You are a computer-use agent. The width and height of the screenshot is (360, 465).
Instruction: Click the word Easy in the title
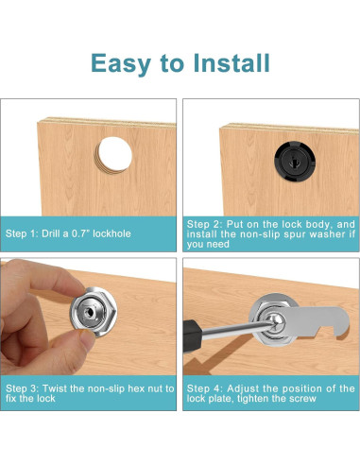pyautogui.click(x=121, y=64)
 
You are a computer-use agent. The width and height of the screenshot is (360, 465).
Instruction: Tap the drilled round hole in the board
pyautogui.click(x=114, y=155)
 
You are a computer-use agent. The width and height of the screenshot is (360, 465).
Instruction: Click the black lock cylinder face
pyautogui.click(x=295, y=162)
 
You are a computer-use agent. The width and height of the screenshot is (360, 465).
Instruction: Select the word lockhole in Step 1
pyautogui.click(x=111, y=233)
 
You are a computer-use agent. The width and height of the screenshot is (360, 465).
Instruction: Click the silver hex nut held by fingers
pyautogui.click(x=94, y=312)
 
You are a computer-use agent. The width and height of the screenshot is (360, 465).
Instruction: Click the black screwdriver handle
pyautogui.click(x=192, y=336)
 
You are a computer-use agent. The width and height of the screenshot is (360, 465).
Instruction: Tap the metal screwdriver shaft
pyautogui.click(x=237, y=330)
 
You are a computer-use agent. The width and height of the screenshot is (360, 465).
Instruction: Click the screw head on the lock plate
pyautogui.click(x=277, y=322)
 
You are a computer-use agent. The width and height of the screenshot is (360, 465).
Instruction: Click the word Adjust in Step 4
pyautogui.click(x=243, y=389)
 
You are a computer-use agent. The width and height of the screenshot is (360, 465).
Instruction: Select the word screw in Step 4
pyautogui.click(x=302, y=399)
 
